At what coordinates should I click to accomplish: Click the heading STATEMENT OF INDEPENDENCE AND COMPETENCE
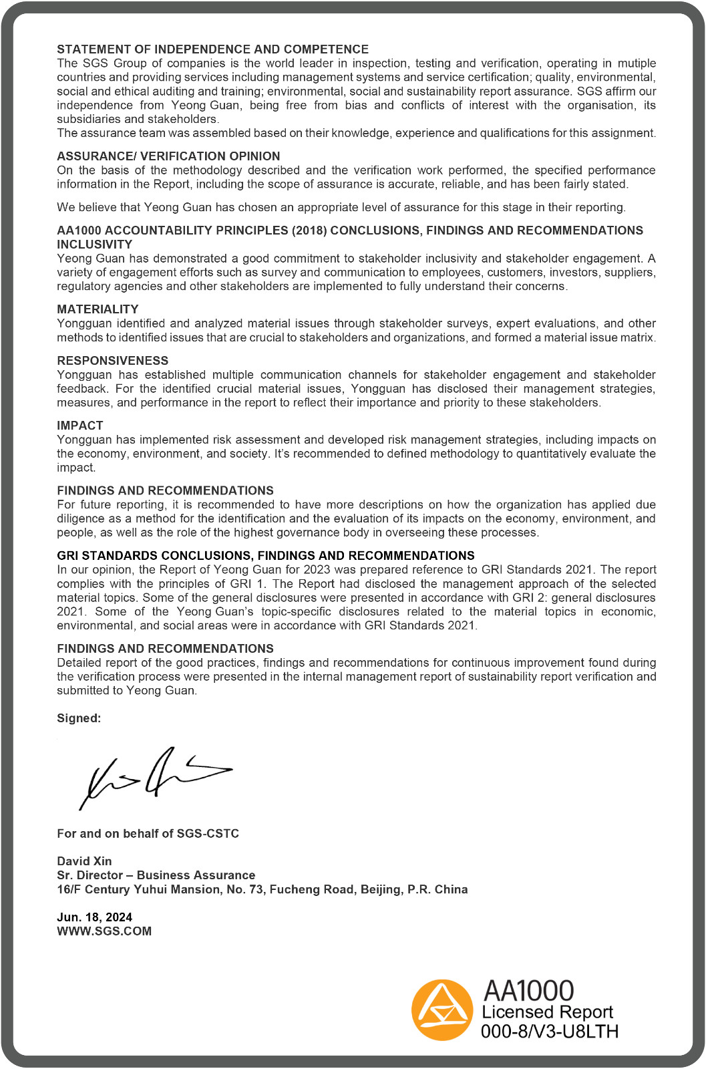[x=212, y=49]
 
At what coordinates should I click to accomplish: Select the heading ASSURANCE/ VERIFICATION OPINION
[x=168, y=156]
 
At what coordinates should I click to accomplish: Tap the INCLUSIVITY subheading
[x=94, y=245]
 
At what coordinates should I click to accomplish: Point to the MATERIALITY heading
[x=98, y=309]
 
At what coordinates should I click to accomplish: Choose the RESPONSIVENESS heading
[x=112, y=361]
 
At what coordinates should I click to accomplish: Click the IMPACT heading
[x=80, y=426]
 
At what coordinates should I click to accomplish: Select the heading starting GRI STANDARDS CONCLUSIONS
[x=265, y=556]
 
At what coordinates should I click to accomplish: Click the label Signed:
[x=79, y=719]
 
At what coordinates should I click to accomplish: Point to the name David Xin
[x=84, y=861]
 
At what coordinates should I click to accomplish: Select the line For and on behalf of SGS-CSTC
[x=148, y=834]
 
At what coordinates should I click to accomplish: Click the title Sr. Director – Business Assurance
[x=156, y=875]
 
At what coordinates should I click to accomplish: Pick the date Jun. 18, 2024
[x=94, y=917]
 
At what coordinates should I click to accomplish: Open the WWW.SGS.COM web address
[x=104, y=931]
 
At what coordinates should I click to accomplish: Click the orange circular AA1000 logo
[x=442, y=1010]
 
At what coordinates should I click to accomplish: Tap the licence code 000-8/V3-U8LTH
[x=549, y=1032]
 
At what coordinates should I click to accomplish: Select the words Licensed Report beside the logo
[x=547, y=1012]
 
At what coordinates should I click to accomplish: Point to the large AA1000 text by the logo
[x=528, y=991]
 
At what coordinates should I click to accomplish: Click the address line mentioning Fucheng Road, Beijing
[x=262, y=889]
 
